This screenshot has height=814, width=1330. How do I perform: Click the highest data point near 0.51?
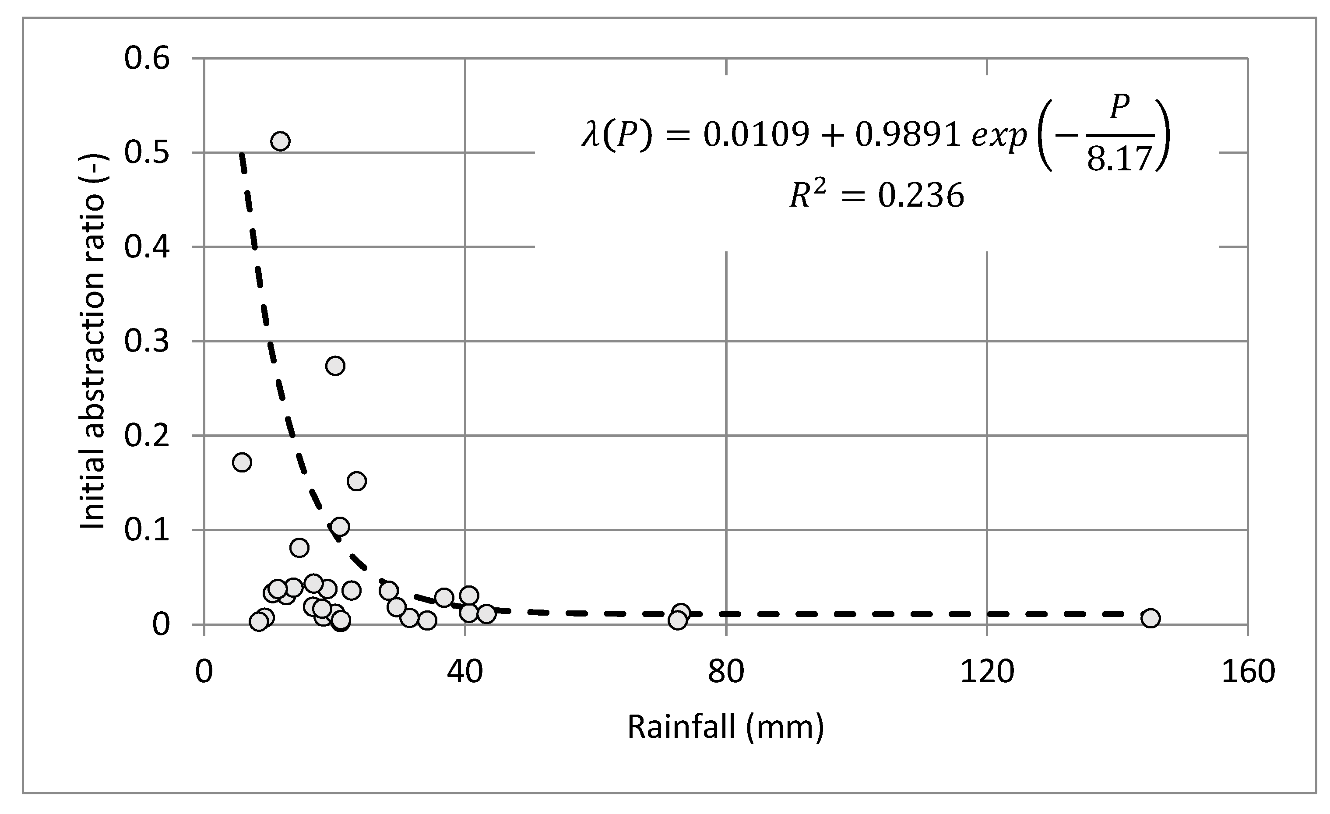280,141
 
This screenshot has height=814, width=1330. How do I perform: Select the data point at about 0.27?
335,366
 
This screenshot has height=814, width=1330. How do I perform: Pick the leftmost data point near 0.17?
242,462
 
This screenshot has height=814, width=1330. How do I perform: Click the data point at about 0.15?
357,481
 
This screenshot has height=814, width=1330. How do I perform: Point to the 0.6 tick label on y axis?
147,58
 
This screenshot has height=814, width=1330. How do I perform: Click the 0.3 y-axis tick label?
147,341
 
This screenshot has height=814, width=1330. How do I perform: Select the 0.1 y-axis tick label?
147,530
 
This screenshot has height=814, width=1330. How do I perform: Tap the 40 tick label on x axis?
465,672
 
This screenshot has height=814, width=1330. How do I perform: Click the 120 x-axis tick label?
987,672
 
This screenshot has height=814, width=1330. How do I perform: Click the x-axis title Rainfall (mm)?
725,727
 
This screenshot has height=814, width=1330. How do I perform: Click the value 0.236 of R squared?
921,195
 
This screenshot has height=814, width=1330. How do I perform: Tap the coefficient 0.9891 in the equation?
908,134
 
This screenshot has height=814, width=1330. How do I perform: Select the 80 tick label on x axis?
726,672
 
